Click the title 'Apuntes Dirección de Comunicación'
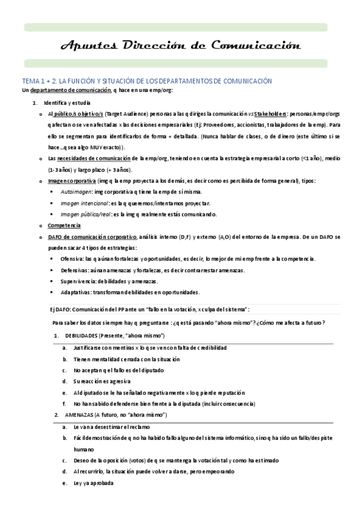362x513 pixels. coord(181,45)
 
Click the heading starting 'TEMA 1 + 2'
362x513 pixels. coord(147,81)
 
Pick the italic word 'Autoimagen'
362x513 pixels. coord(76,192)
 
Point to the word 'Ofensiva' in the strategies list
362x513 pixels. coord(72,259)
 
